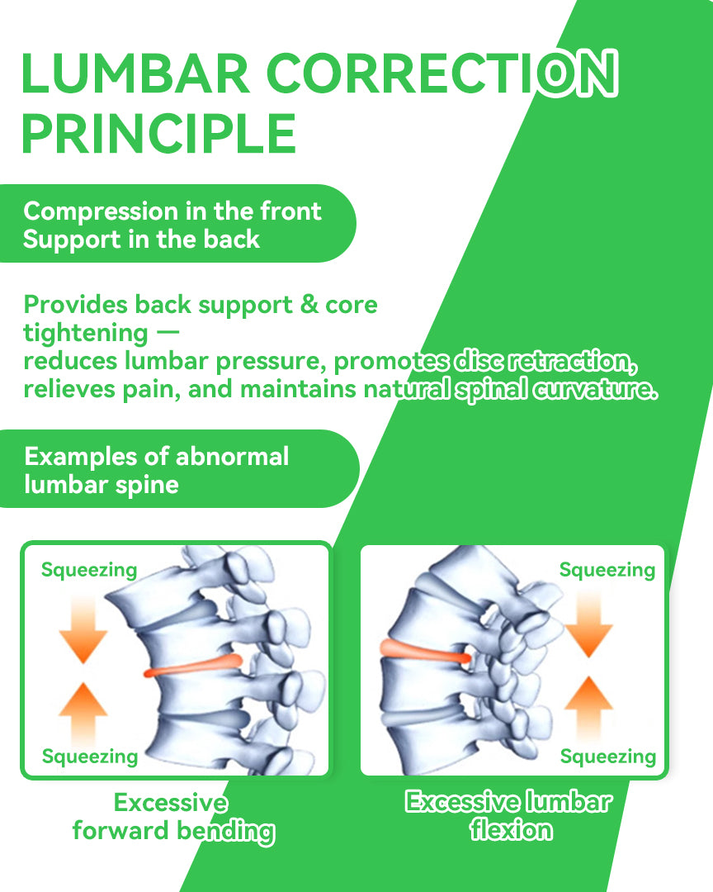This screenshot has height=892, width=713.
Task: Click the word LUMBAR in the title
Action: [135, 74]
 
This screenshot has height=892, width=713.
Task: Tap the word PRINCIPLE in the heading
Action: [158, 133]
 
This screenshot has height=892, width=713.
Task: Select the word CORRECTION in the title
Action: [441, 74]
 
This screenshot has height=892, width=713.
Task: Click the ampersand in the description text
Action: [309, 304]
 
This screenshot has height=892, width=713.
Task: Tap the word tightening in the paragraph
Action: [86, 334]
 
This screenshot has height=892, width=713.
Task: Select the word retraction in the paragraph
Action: [572, 361]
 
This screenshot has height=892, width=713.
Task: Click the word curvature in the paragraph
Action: [595, 389]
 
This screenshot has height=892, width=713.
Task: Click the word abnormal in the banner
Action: [232, 456]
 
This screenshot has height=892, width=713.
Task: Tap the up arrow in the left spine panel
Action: [83, 715]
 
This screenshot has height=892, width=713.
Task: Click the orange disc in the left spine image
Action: [193, 667]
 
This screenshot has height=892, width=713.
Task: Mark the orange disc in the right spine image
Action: [425, 652]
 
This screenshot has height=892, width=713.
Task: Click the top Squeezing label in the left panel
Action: [89, 570]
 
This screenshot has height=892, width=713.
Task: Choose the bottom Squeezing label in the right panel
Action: [608, 757]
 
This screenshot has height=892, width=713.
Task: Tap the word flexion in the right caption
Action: [511, 830]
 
